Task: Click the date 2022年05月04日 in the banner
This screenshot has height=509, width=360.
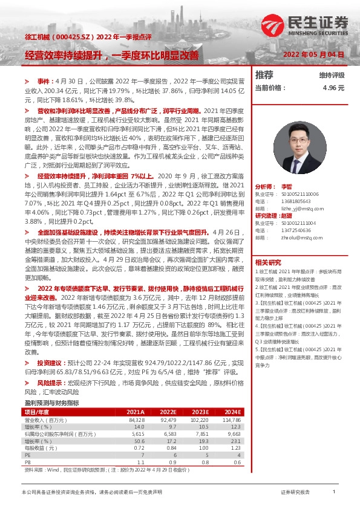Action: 314,54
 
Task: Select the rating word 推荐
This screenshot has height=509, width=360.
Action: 264,75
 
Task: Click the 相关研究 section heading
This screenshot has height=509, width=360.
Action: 268,262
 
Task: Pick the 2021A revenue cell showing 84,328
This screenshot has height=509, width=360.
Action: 137,419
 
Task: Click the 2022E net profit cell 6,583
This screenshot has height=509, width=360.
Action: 166,433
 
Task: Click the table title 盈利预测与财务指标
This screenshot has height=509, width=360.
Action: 51,403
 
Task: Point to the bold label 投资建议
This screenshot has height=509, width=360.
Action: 50,363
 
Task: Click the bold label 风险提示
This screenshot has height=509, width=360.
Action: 50,383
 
